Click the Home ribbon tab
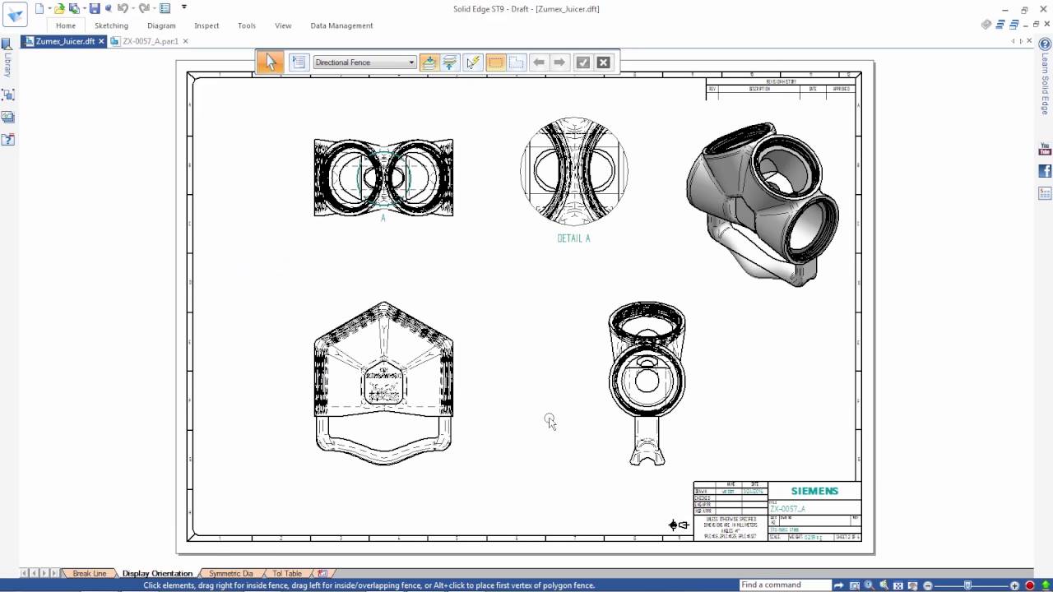[x=66, y=25]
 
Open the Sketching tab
[x=111, y=25]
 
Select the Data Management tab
[x=341, y=25]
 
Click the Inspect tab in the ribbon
[x=206, y=25]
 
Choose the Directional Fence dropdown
[x=364, y=62]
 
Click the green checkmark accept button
[x=582, y=62]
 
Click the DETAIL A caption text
[x=573, y=238]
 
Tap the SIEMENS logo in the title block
[x=814, y=491]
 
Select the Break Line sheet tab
[x=89, y=573]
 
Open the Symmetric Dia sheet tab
[x=230, y=573]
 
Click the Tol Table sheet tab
[x=287, y=573]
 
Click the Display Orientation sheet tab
[x=157, y=573]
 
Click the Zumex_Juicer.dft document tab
[x=65, y=41]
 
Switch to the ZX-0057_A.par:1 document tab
[x=150, y=41]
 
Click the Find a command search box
[x=786, y=585]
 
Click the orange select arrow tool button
[x=270, y=62]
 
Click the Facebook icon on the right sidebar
[x=1045, y=171]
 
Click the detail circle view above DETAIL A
[x=574, y=171]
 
